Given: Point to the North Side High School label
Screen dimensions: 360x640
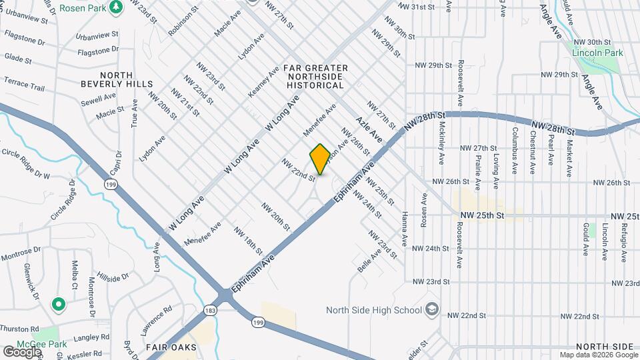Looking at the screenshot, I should coord(373,309).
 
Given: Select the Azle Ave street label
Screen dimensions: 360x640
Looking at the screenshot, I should coord(368,129).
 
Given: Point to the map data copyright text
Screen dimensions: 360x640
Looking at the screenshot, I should coord(598,355).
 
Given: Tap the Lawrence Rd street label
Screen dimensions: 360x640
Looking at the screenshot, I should coord(156,321).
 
